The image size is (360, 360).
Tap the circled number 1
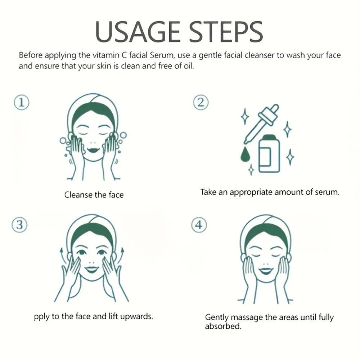[22, 102]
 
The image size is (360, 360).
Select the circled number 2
[201, 102]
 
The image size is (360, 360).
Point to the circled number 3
[19, 225]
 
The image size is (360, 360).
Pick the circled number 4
[199, 225]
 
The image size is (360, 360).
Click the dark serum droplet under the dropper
[245, 154]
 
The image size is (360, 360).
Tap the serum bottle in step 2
[269, 153]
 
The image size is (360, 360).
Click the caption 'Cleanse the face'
[94, 195]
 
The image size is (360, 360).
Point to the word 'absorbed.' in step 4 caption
[223, 326]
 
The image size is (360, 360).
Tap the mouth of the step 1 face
[94, 150]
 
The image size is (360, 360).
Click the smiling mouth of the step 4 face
[265, 271]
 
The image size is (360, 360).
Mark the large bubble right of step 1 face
[123, 135]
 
